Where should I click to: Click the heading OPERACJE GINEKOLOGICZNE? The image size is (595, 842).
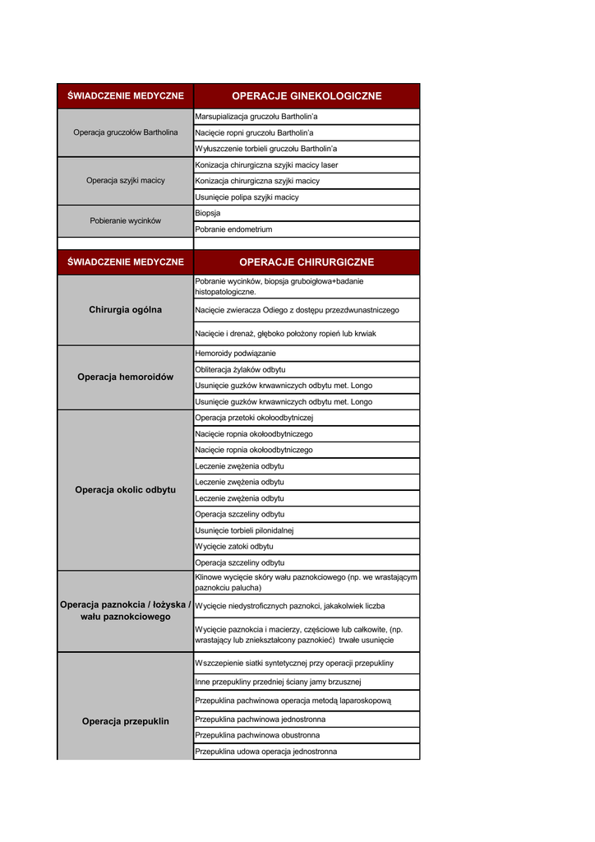307,96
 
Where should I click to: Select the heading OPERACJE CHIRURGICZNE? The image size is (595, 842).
307,262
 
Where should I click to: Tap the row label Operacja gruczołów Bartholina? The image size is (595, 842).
126,132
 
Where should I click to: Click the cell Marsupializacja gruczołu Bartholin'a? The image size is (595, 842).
256,117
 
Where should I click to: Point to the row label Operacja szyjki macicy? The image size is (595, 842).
126,181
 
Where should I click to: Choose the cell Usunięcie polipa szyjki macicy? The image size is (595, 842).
247,197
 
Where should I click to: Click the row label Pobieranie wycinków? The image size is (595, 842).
126,221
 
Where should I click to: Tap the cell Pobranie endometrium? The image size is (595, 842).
233,229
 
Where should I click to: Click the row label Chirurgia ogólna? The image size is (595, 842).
126,310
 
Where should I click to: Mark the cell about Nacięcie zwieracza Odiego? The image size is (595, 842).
297,310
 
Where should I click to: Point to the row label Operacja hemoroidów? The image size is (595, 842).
126,377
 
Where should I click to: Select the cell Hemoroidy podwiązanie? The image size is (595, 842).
236,354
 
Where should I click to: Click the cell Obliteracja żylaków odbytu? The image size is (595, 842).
241,370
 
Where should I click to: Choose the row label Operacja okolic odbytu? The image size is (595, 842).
126,490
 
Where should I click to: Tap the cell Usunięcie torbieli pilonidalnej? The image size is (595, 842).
245,530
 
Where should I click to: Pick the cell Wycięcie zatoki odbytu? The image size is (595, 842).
234,547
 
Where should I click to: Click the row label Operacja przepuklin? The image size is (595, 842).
126,722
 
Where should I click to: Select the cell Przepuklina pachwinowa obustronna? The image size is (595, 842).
258,735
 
